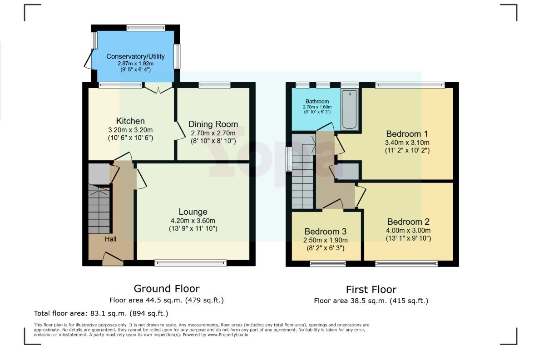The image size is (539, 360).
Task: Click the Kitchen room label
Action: [130, 121]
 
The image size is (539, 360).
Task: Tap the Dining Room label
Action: [213, 124]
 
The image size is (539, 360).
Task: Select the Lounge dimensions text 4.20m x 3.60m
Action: [193, 221]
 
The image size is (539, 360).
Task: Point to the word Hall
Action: [111, 239]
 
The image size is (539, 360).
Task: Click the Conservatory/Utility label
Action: [135, 56]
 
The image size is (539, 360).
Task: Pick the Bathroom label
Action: [317, 101]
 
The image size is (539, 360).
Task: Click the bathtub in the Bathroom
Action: [350, 109]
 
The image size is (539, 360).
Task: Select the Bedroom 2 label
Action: [408, 222]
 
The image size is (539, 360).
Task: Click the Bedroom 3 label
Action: [326, 232]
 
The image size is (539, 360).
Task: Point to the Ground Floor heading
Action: [166, 288]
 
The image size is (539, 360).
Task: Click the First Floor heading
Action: [371, 289]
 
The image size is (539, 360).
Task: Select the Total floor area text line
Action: [101, 313]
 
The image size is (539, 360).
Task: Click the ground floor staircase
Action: [99, 209]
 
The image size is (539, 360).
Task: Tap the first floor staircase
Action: [302, 171]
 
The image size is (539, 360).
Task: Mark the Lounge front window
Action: [190, 263]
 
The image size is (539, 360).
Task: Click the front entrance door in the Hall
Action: [113, 259]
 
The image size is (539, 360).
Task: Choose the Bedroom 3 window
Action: [327, 263]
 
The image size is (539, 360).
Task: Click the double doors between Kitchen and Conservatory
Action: [158, 88]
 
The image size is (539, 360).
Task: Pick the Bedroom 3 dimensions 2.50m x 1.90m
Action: [325, 240]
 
